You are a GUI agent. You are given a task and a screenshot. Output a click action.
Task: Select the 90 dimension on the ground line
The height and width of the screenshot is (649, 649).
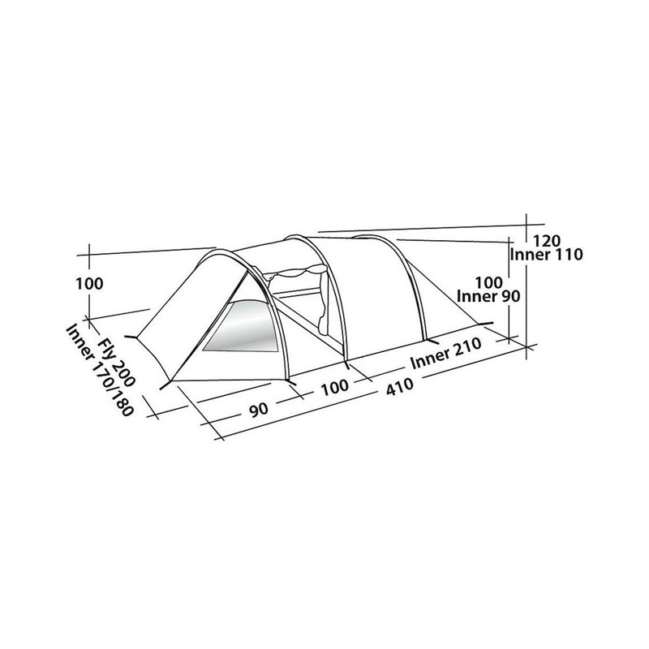coord(259,410)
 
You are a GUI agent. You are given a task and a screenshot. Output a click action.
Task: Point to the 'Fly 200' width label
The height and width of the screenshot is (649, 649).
coord(116,363)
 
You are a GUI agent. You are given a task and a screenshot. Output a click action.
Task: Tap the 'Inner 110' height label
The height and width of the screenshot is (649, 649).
coord(546,255)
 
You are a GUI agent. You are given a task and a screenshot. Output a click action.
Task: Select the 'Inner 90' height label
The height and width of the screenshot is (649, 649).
coord(488,296)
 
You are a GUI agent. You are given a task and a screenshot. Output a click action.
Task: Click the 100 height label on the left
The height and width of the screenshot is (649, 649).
coord(89,284)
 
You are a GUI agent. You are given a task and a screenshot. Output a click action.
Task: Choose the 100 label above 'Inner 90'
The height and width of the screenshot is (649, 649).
coord(489,282)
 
